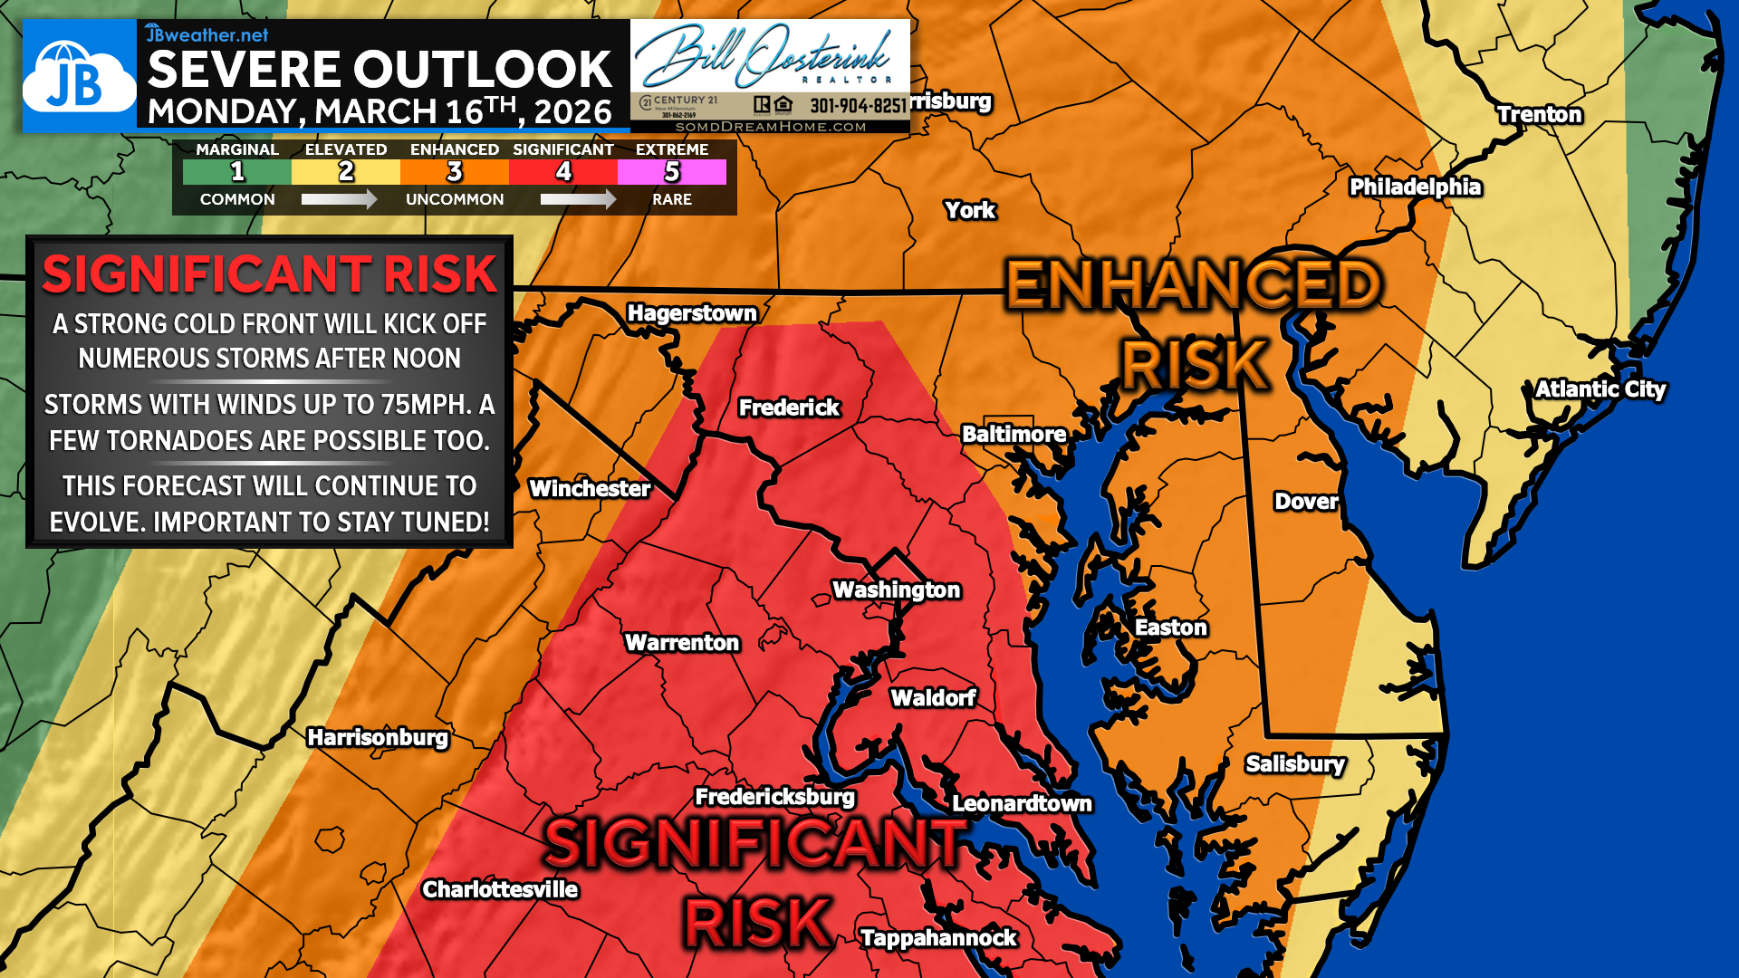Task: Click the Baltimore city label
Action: [1014, 435]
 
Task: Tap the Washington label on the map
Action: [896, 590]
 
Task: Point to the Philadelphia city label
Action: [1415, 187]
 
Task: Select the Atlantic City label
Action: [1600, 389]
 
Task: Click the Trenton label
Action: [1539, 115]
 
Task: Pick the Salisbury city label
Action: [1295, 764]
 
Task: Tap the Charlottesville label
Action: [500, 889]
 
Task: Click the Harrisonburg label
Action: [378, 738]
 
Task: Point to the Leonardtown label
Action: [1022, 804]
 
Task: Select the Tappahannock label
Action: [938, 938]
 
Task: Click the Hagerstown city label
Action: [692, 313]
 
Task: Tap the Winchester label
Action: [590, 489]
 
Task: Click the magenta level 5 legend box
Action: [671, 172]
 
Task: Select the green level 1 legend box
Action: [237, 172]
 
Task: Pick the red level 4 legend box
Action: [563, 172]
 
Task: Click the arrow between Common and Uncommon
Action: [340, 199]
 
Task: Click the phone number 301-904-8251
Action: [858, 106]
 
